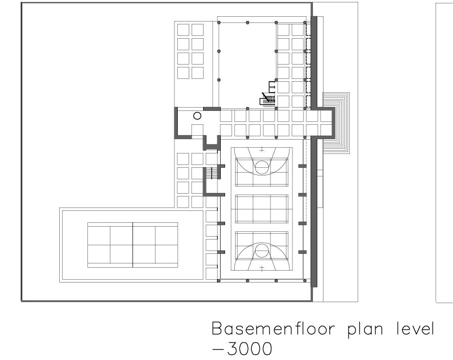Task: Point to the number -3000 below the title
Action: pos(242,349)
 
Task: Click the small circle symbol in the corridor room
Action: pos(197,116)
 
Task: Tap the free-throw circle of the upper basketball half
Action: pos(262,167)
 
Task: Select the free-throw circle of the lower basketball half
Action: pos(262,250)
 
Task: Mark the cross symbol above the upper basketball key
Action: pos(262,150)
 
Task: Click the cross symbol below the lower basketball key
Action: pos(262,269)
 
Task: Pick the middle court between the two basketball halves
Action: pos(262,209)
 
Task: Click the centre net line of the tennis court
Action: pos(133,245)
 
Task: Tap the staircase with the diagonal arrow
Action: pos(268,100)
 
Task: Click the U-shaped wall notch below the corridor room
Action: pos(211,142)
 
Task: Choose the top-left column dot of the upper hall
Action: pos(219,22)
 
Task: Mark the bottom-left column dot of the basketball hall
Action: pos(219,281)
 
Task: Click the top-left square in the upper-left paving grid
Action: pos(183,30)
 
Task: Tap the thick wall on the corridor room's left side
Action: pos(176,122)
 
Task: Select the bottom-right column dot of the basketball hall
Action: pos(305,281)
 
